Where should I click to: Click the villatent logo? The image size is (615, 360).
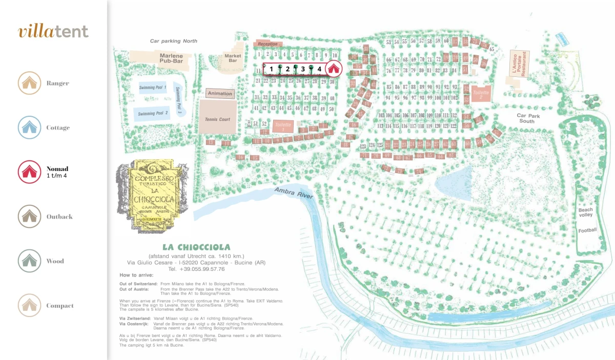click(53, 31)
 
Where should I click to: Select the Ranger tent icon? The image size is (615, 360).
click(29, 83)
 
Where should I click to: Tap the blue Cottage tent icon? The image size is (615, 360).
click(29, 128)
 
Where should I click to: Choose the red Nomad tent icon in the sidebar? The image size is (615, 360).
click(29, 172)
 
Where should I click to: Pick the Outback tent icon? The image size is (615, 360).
click(29, 217)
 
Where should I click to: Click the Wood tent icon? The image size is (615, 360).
click(29, 261)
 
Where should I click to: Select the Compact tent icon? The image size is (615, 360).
click(29, 306)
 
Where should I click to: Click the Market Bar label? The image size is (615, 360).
click(233, 58)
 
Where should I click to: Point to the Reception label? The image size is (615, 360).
click(268, 44)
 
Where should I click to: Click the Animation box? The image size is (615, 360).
click(220, 93)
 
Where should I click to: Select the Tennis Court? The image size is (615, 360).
click(218, 119)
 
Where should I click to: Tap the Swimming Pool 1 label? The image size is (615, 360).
click(153, 88)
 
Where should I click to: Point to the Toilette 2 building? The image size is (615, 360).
click(481, 95)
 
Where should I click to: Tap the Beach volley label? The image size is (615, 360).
click(585, 213)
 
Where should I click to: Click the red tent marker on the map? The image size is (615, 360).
click(333, 68)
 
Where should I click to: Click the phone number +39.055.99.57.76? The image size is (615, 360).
click(196, 269)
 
